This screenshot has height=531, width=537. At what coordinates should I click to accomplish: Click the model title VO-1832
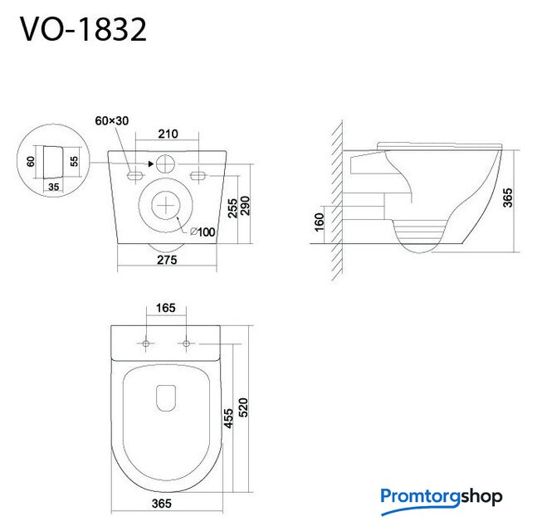click(x=83, y=30)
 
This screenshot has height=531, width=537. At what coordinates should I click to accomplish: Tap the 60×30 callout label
click(x=112, y=121)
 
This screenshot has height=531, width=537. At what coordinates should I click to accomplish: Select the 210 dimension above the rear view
click(x=168, y=134)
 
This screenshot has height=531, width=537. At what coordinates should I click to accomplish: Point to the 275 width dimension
click(x=167, y=260)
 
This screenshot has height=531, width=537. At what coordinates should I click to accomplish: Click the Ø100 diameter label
click(x=203, y=231)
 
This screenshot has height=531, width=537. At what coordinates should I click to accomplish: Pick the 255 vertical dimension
click(x=232, y=208)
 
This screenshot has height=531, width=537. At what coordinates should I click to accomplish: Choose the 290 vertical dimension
click(x=245, y=206)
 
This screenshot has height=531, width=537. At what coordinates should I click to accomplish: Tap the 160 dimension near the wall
click(x=319, y=222)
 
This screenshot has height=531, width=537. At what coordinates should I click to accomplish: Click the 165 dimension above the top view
click(x=166, y=308)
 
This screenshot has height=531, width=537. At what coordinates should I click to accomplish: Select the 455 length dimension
click(x=228, y=418)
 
